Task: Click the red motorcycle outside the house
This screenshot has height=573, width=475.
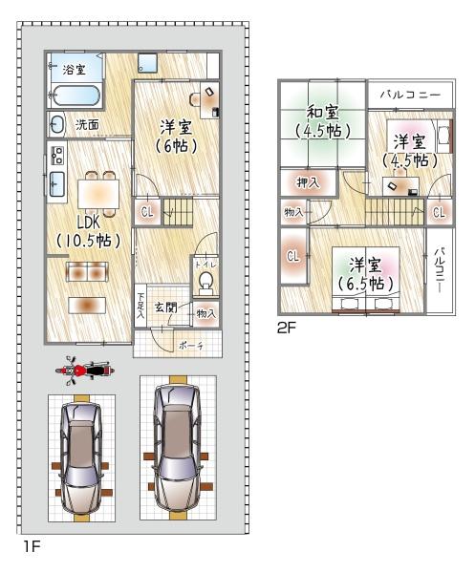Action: (85, 371)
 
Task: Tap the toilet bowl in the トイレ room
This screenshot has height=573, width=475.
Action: (205, 282)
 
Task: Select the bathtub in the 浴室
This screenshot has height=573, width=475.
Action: (75, 95)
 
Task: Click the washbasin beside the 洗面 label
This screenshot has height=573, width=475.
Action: (57, 124)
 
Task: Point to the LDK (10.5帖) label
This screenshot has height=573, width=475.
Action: (88, 230)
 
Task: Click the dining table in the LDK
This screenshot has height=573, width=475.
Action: (98, 194)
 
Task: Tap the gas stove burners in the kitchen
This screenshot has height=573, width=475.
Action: (57, 156)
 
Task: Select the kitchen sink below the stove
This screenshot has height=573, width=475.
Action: (57, 183)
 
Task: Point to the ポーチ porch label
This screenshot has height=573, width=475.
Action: (191, 346)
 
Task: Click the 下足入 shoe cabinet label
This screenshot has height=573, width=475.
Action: (140, 305)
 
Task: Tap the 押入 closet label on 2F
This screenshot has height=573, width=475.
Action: (308, 182)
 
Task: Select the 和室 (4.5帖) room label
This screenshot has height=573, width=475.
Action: (323, 121)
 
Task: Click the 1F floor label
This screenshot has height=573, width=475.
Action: (32, 546)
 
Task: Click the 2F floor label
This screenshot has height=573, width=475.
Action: (286, 328)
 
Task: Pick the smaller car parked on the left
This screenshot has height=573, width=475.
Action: (81, 458)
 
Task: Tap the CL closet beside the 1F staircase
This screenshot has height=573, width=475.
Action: (147, 212)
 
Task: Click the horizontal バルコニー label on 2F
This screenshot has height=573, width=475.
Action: (410, 95)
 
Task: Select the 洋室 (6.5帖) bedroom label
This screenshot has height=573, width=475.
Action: (365, 275)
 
